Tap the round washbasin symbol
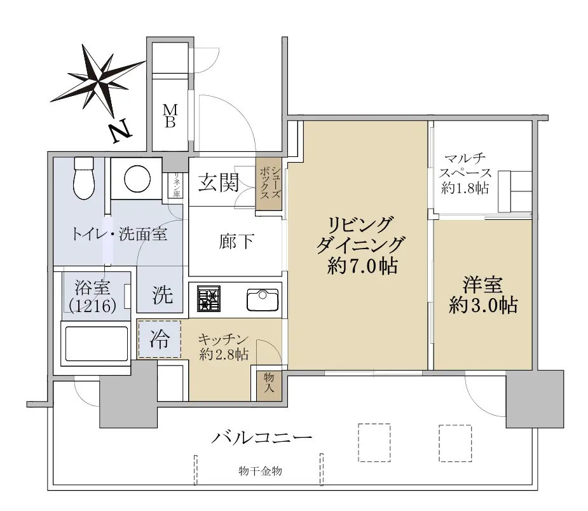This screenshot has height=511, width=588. pos(137,179)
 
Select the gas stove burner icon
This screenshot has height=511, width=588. pos(209,299)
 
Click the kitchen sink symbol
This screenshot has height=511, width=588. pos(263,299)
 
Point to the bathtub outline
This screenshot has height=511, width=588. pos(97,344)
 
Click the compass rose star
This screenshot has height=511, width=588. pos(98,80)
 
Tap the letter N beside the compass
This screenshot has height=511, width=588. pos(121,132)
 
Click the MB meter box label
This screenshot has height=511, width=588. pos(170,116)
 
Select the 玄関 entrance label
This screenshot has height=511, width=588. pos(219,182)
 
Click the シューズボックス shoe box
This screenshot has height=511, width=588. pos(269,184)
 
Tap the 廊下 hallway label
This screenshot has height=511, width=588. pos(236,241)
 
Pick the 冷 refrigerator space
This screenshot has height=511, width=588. pos(160,339)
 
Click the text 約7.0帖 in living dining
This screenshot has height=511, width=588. pos(362,266)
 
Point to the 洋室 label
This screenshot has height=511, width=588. pos(482,285)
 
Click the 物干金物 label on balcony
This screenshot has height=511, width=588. pos(260,471)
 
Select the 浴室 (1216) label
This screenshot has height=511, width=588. pos(93,297)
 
